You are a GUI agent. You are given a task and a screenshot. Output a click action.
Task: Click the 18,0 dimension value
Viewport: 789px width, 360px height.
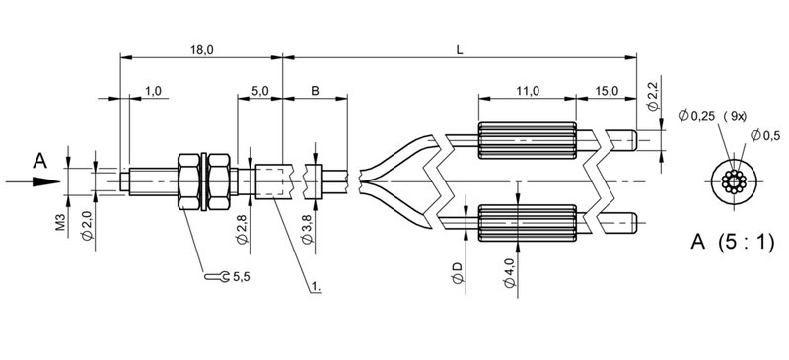coord(202,50)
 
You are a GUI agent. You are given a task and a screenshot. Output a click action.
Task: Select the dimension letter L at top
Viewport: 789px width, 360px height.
coord(460,50)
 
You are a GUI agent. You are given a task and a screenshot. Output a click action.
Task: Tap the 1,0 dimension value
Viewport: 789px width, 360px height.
coord(153,91)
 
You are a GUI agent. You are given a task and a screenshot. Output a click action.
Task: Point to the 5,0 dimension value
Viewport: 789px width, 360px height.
coord(260,91)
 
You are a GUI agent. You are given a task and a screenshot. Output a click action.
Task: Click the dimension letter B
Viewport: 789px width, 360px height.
coord(315,91)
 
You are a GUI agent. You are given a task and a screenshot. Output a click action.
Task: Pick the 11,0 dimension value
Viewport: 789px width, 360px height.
coord(528,91)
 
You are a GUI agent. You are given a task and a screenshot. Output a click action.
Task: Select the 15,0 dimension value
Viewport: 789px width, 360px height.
coord(607,91)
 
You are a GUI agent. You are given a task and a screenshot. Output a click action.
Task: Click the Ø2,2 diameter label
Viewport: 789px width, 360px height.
coord(653,99)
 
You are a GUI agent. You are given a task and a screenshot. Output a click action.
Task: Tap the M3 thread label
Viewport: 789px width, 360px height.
coord(61,222)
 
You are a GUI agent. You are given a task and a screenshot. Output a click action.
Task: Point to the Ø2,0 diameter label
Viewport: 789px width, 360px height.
coord(88,225)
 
